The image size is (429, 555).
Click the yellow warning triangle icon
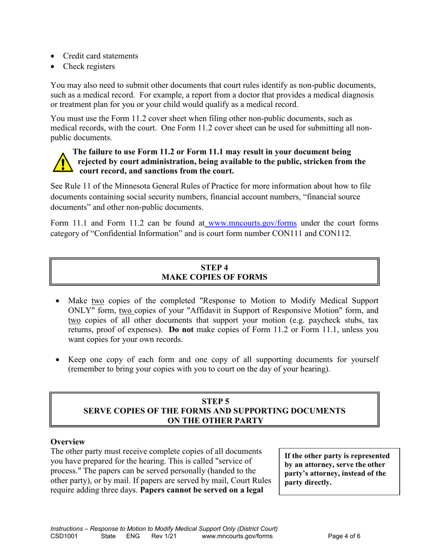pos(62,162)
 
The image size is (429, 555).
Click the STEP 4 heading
pos(214,267)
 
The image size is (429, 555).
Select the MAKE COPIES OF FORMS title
pos(214,277)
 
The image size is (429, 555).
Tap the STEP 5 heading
pos(214,401)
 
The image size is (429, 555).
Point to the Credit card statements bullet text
pos(100,56)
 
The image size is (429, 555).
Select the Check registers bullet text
pos(89,66)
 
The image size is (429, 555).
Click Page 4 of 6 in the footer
pos(344,536)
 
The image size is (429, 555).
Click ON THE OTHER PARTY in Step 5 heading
pos(214,421)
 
